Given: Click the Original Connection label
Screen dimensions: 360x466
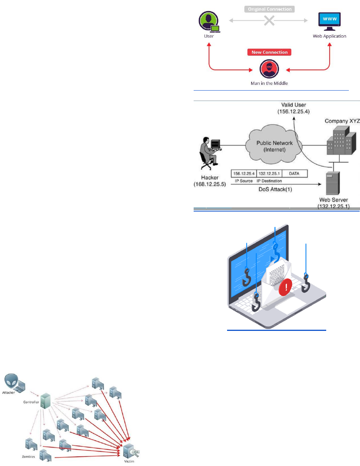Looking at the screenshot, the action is coord(269,8).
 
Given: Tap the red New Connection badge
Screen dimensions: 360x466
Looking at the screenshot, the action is coord(269,52).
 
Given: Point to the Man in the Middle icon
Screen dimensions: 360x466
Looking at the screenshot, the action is coord(269,69).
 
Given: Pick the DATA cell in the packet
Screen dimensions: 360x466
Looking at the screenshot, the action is coord(295,174).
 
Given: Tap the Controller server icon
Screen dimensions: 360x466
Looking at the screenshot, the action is coord(46,402).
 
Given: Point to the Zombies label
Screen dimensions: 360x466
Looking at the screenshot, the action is coord(28,456).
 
